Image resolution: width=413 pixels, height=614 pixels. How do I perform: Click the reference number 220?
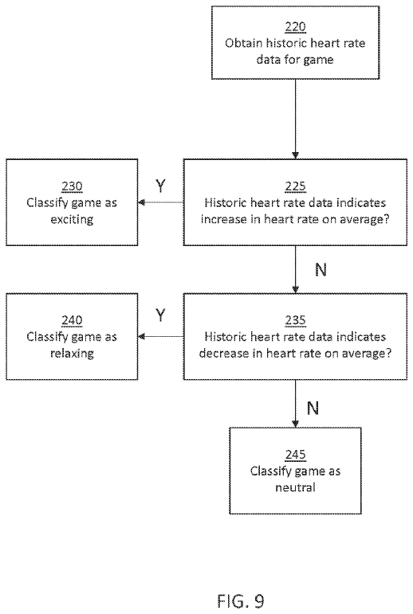(295, 26)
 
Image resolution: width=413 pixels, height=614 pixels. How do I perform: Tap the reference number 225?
(295, 186)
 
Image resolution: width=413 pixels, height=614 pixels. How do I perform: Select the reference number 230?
(72, 186)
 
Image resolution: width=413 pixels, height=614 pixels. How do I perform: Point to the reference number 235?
(295, 320)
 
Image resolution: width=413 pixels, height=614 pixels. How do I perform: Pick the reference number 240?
(72, 320)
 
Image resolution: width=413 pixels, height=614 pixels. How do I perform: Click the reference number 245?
(295, 455)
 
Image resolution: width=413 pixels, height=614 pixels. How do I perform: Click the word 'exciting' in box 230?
(72, 219)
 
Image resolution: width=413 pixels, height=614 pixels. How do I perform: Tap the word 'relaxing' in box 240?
(72, 354)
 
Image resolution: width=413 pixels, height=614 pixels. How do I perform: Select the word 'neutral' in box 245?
(295, 487)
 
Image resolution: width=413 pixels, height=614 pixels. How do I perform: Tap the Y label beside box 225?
(160, 186)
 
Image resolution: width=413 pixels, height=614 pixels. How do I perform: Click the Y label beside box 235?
(160, 315)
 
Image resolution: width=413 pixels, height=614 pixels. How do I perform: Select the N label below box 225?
(321, 269)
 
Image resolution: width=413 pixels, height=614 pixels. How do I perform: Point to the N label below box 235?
(313, 409)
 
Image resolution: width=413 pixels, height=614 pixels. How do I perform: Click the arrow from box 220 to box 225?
(295, 119)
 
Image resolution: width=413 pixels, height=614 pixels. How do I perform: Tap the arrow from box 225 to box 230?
(161, 202)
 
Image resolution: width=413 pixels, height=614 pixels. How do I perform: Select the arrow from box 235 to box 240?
(161, 336)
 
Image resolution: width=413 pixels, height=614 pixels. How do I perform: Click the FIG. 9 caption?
(241, 600)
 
